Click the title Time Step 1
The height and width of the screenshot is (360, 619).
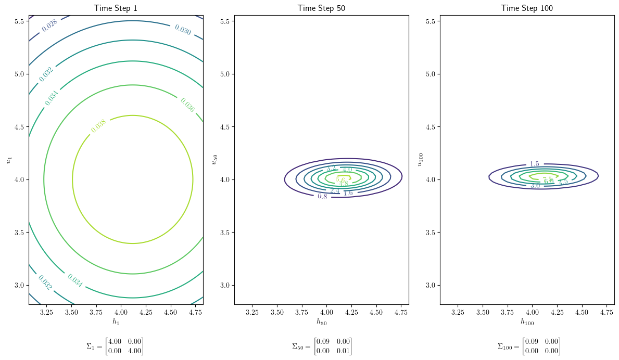[116, 8]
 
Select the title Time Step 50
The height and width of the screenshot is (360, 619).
[321, 8]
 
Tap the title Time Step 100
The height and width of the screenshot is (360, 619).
[527, 8]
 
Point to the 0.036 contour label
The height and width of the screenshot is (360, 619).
[187, 105]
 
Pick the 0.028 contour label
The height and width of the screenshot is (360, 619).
[50, 25]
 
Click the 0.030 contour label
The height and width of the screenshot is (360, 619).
[183, 30]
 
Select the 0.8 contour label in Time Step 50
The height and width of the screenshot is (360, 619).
[322, 196]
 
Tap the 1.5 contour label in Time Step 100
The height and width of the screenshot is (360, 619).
[534, 164]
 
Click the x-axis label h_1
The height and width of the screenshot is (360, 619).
[116, 322]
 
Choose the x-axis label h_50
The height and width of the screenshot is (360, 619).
[321, 322]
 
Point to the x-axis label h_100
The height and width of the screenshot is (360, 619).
[527, 322]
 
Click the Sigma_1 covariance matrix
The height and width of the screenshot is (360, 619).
[115, 346]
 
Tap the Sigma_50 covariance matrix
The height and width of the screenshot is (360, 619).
[322, 346]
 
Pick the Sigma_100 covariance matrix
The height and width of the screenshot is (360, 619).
[528, 346]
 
